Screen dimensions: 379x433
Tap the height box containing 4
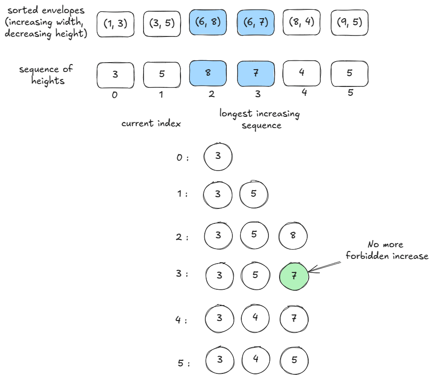(302, 74)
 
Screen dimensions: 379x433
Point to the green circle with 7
(294, 276)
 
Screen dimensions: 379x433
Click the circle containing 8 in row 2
(293, 235)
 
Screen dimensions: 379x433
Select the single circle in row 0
(218, 156)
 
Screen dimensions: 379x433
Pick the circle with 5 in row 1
(253, 194)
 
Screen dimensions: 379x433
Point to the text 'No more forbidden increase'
(385, 250)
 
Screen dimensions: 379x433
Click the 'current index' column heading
(151, 124)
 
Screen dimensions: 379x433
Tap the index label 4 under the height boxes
(304, 93)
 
